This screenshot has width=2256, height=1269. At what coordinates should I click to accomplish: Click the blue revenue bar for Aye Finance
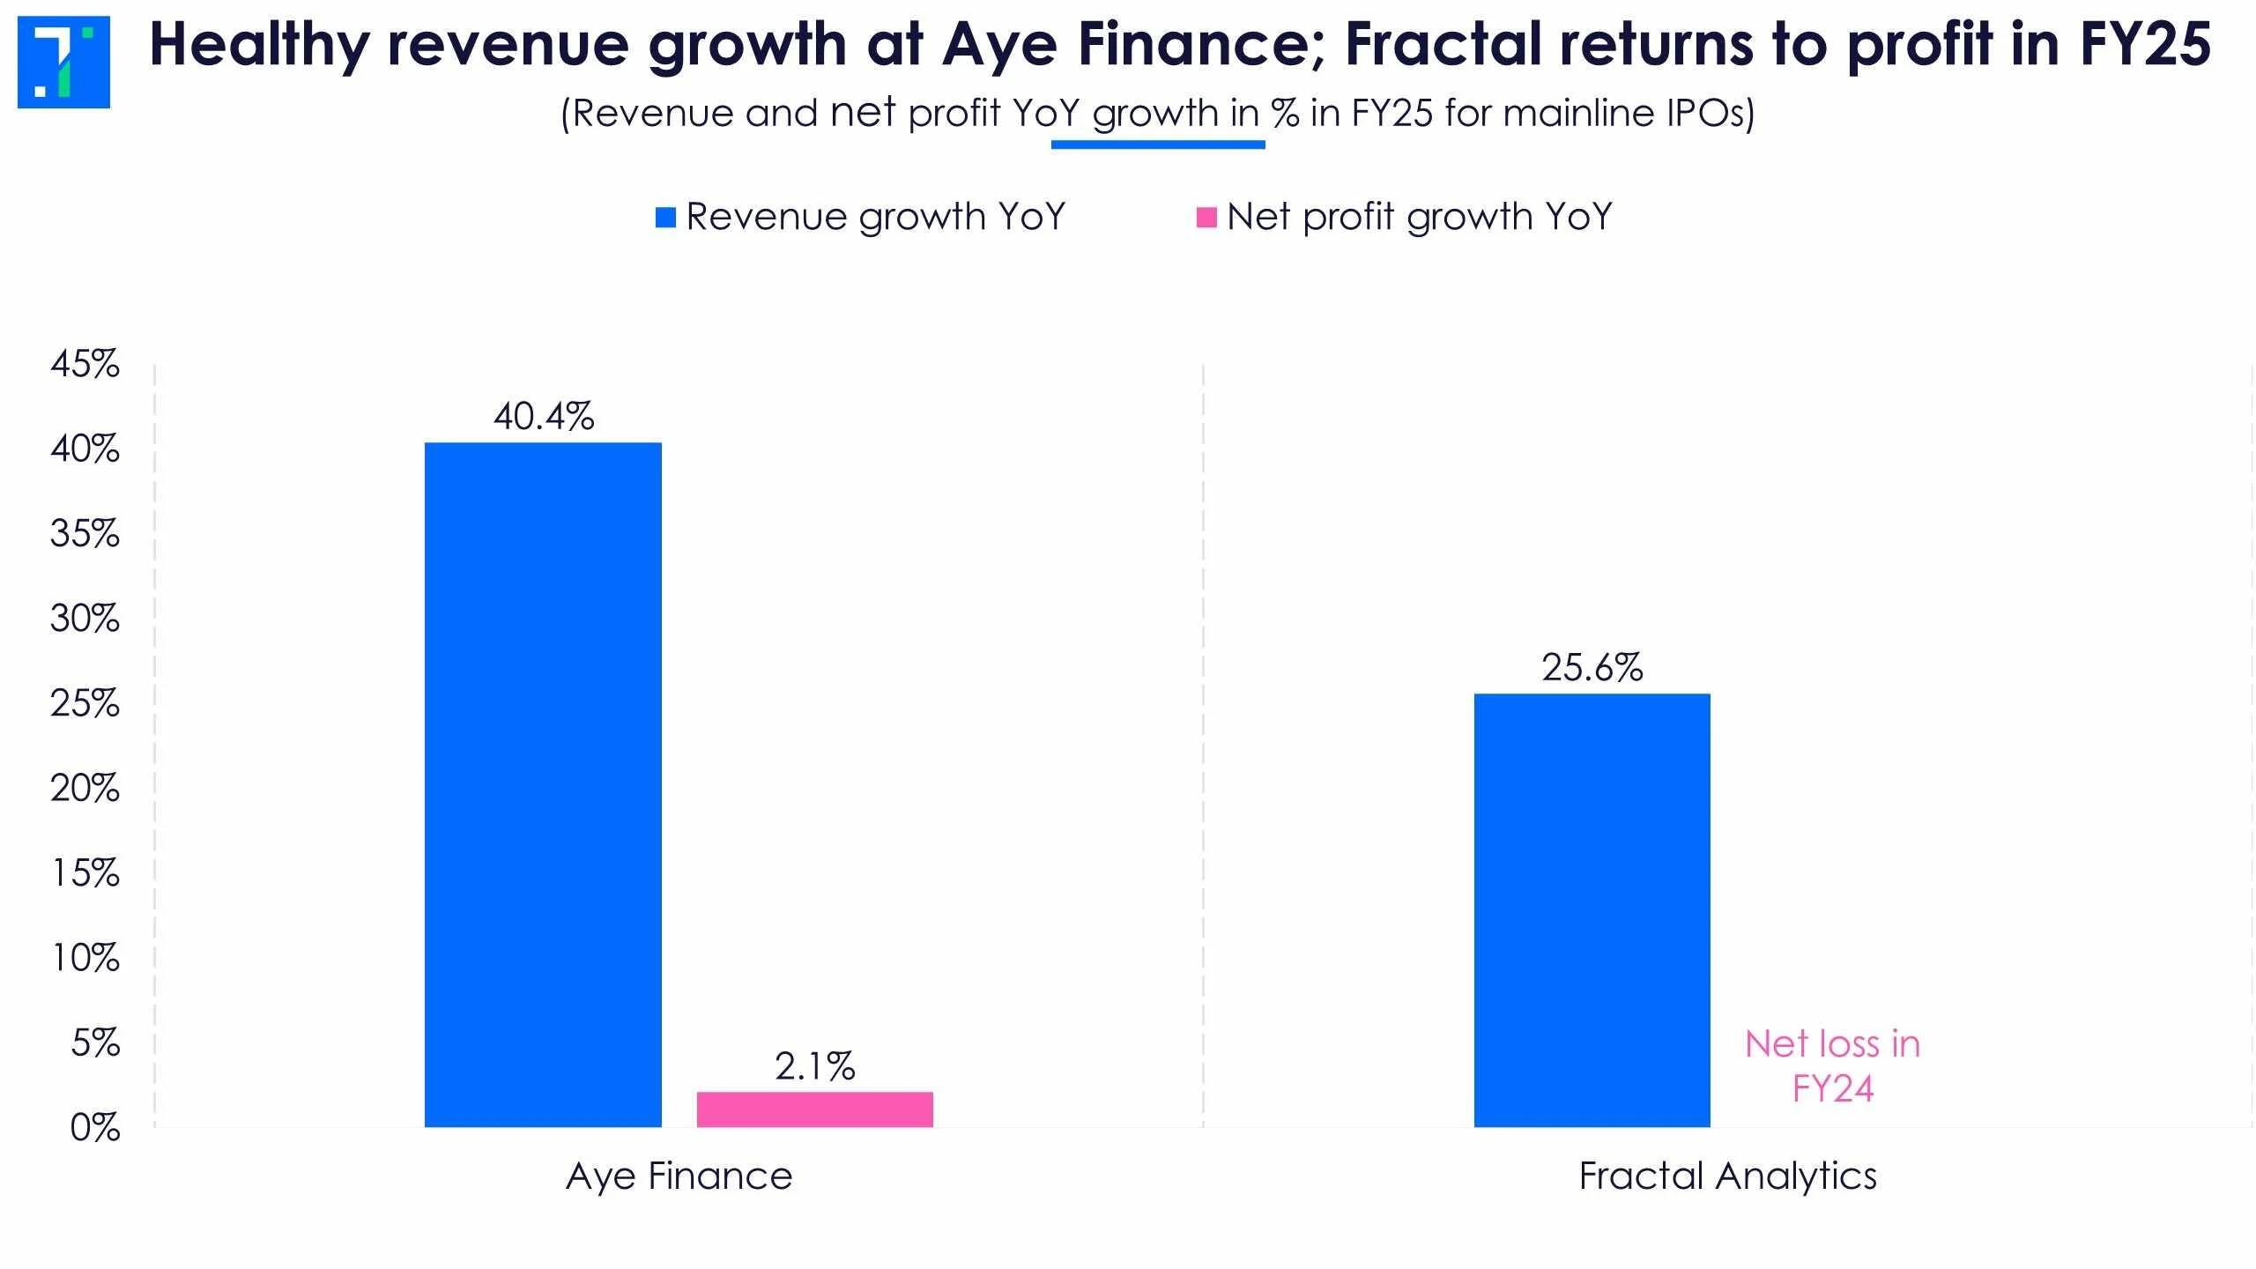click(543, 784)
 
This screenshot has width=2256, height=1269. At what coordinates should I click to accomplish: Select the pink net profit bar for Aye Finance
click(814, 1109)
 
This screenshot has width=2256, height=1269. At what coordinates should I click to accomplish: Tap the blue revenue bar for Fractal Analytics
click(1592, 910)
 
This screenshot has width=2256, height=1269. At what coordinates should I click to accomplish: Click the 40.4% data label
click(544, 417)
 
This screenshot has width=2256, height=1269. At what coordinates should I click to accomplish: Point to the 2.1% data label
click(814, 1066)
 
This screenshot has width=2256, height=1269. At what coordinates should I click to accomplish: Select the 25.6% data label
click(1592, 668)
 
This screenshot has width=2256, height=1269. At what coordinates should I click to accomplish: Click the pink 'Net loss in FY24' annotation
click(1832, 1066)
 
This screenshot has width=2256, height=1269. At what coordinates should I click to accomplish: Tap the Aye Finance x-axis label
click(679, 1176)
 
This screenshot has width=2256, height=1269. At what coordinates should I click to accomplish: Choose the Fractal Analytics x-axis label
click(1727, 1176)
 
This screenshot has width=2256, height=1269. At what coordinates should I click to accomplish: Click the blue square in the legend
click(665, 217)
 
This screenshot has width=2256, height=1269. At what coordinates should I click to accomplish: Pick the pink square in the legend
click(1206, 217)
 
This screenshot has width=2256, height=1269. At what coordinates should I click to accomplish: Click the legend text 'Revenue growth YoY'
click(876, 217)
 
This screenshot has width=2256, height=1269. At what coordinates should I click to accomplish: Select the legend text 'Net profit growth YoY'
click(1419, 217)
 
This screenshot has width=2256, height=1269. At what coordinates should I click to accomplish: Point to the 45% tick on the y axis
click(85, 364)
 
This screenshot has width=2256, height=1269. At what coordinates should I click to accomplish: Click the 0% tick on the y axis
click(94, 1127)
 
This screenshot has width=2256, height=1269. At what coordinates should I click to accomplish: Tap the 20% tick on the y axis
click(85, 788)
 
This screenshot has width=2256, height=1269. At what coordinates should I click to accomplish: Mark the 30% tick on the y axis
click(85, 619)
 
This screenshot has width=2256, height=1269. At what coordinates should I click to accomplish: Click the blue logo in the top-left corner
click(63, 62)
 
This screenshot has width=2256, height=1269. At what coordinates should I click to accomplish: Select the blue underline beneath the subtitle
click(1158, 145)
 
